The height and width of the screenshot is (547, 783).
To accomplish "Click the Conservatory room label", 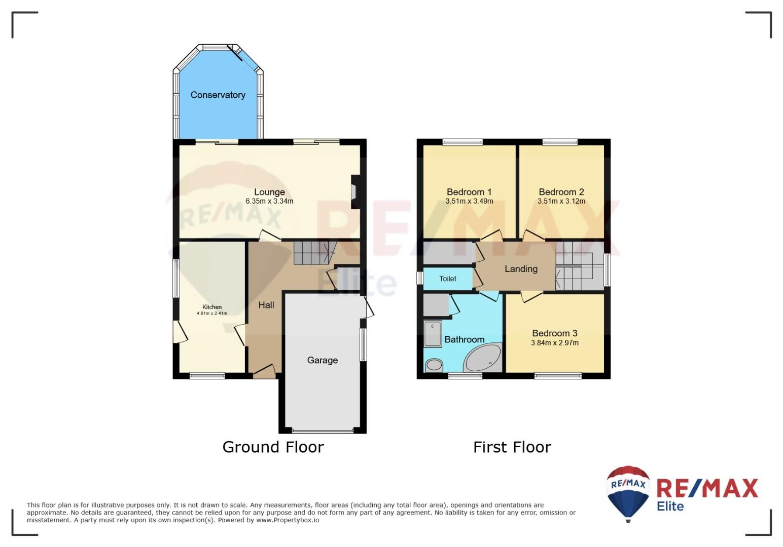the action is tap(218, 95).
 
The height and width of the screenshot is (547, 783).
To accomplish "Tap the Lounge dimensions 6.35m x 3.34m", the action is tap(269, 201).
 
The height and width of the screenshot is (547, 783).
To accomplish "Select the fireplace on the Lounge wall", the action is tap(355, 191).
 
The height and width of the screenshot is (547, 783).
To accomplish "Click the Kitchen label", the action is tap(212, 307).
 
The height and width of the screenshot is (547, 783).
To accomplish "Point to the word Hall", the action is tap(266, 305).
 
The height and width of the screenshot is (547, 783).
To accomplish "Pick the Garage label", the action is tap(323, 360).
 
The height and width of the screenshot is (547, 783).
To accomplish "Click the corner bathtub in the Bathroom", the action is tap(483, 358).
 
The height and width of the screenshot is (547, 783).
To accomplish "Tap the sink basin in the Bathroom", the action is tap(434, 365).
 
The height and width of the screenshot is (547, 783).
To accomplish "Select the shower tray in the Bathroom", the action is tap(433, 334).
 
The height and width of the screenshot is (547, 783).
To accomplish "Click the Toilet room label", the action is tap(447, 279).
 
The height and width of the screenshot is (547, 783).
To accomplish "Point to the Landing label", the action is tap(521, 269).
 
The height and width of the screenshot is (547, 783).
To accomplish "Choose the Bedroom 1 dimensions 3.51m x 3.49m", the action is tap(469, 201).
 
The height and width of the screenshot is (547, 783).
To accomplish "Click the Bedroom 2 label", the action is tap(561, 191).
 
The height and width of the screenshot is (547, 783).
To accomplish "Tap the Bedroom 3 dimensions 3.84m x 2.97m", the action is tap(555, 343).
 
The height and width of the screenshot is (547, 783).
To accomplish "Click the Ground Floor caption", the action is tap(273, 447).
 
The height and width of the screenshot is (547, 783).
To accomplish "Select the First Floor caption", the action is tap(512, 447).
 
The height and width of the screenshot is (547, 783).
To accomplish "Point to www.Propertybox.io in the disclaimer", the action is tap(288, 520).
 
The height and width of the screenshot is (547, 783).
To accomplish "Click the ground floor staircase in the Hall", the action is tap(314, 252).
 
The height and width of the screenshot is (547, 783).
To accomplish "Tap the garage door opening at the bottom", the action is tap(323, 431).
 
